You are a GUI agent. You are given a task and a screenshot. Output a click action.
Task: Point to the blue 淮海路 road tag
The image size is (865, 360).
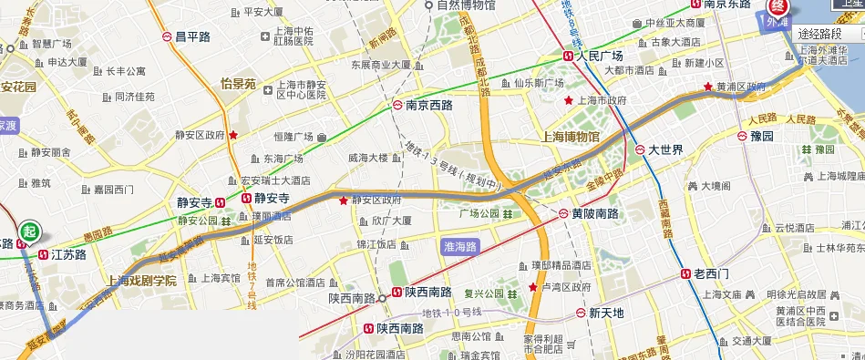[460, 245]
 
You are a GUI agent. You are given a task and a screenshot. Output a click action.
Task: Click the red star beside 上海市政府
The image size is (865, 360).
[570, 100]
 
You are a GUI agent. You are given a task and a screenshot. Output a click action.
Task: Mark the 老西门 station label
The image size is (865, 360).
[711, 273]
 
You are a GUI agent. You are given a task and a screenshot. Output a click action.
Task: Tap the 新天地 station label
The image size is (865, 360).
[606, 313]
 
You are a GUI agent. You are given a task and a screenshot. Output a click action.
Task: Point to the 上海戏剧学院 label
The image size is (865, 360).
[141, 281]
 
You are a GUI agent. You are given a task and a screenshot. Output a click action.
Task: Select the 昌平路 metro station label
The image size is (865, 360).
[192, 36]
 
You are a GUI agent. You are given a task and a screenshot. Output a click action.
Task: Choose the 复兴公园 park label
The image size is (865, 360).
[483, 293]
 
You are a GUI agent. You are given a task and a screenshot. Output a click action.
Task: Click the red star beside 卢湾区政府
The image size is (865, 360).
[533, 287]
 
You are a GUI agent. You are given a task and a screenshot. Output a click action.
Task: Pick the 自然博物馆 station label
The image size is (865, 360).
[466, 5]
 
